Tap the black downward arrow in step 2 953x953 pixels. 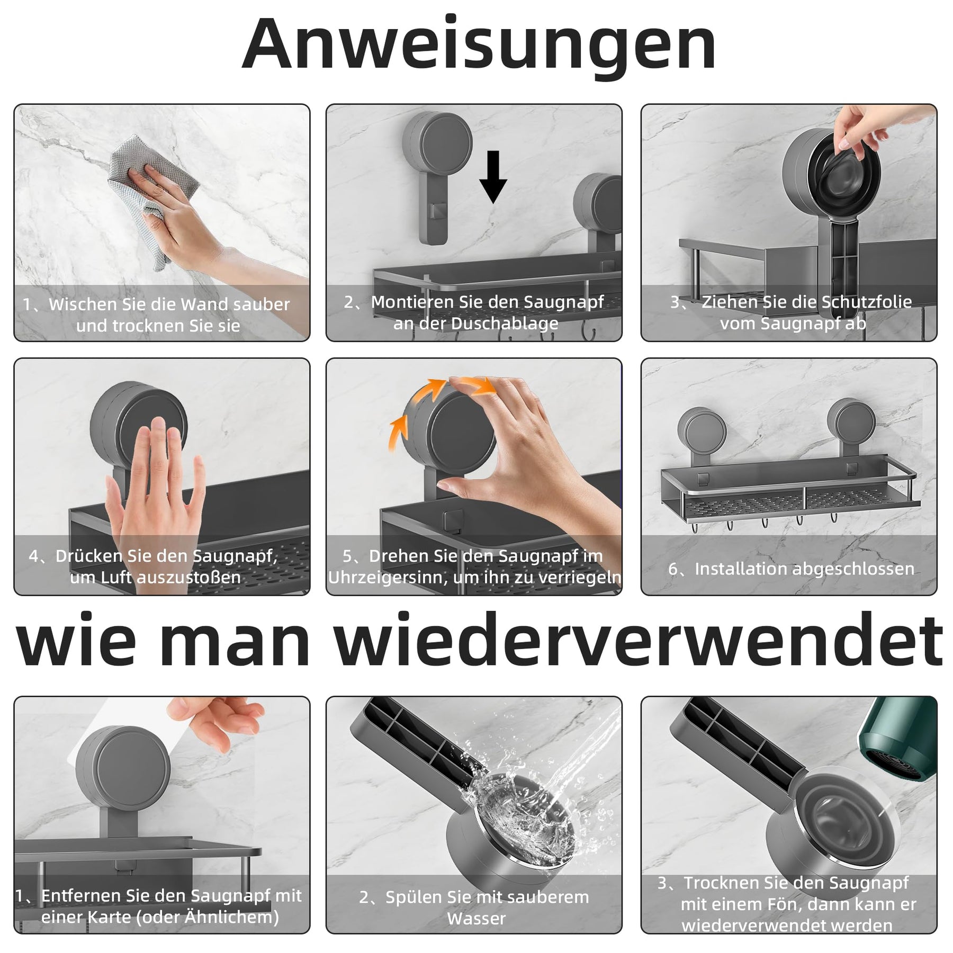pyautogui.click(x=493, y=177)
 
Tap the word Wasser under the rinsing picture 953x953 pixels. pyautogui.click(x=477, y=919)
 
